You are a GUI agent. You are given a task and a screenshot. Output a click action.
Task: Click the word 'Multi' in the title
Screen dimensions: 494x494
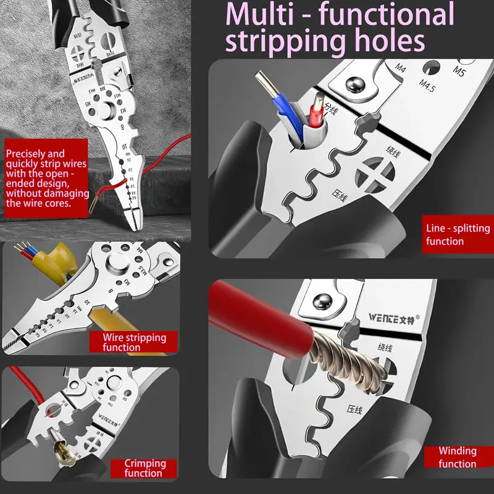(260, 15)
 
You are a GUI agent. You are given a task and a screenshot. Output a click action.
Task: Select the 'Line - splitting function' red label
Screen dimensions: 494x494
(458, 235)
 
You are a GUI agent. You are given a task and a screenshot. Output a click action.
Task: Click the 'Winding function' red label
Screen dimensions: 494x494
(458, 458)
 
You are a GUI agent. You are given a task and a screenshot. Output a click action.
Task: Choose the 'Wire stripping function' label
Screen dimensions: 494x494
(134, 342)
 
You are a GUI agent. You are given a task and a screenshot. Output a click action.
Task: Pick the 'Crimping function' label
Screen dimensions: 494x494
(145, 468)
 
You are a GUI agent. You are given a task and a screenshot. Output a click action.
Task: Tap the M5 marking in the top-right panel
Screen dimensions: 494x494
(458, 70)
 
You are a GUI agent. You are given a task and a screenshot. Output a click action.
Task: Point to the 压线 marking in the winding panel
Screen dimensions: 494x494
(354, 409)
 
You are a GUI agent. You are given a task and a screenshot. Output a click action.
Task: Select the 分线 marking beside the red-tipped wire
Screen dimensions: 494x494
(331, 111)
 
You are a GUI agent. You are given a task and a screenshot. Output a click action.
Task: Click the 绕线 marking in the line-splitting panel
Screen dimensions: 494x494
(398, 150)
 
